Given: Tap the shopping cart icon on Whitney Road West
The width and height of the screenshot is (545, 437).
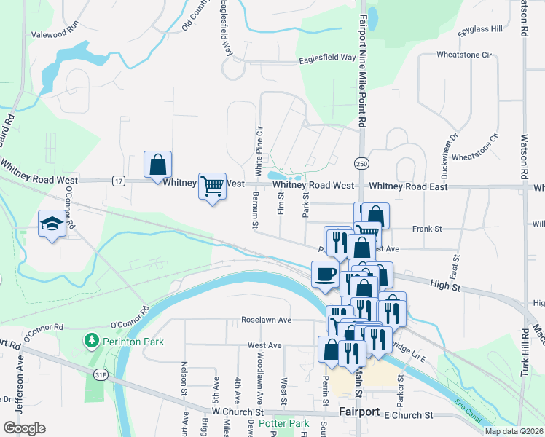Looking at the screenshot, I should (x=212, y=186).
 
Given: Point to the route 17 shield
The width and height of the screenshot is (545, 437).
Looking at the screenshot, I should (x=117, y=180).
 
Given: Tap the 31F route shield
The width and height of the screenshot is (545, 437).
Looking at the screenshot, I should (x=101, y=374).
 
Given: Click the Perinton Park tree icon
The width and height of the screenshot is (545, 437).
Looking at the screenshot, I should (x=91, y=340).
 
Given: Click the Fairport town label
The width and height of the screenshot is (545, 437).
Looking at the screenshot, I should (x=358, y=412).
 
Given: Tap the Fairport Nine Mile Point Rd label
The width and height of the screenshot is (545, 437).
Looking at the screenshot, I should (x=361, y=66).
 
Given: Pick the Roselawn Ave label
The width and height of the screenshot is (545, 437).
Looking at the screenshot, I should (x=267, y=320).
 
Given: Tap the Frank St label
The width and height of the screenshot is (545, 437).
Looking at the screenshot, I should (x=427, y=229).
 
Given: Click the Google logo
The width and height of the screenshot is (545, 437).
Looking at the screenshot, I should (x=24, y=428).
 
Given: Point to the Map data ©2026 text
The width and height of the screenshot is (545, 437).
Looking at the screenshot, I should (x=513, y=431).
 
